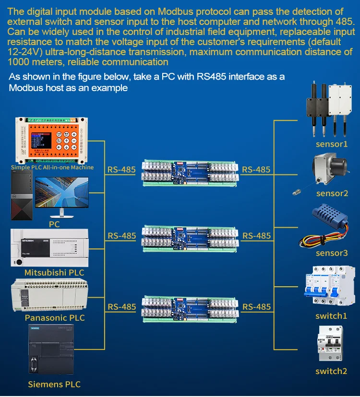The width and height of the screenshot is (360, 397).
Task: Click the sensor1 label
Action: click(332, 144)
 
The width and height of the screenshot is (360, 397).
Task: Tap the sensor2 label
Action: click(332, 194)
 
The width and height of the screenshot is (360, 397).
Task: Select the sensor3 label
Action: click(332, 253)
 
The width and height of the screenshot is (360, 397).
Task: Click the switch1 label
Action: click(331, 316)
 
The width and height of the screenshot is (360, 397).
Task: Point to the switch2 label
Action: click(331, 371)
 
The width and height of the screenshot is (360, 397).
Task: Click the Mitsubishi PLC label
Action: click(54, 273)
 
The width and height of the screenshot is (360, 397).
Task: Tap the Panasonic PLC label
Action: click(55, 318)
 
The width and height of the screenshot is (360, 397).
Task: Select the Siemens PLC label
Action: click(54, 384)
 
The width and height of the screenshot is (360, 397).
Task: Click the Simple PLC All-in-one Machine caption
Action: click(52, 167)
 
